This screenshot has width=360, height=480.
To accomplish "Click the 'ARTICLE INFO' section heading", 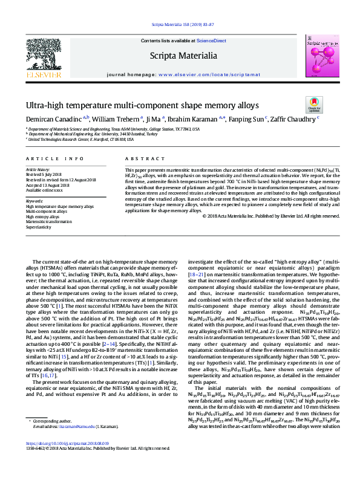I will coord(54,158).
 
